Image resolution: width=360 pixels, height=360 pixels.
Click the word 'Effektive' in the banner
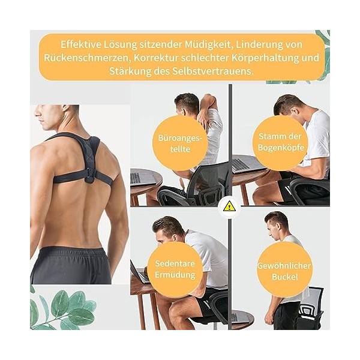(x=82, y=44)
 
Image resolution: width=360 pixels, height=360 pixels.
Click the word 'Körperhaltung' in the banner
(x=272, y=58)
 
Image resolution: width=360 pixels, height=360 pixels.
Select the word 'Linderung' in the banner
(x=276, y=44)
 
